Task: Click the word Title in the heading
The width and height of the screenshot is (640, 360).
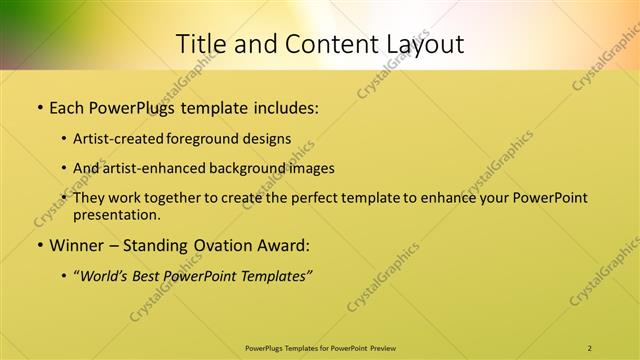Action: click(x=200, y=44)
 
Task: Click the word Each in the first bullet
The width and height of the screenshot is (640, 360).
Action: click(x=67, y=105)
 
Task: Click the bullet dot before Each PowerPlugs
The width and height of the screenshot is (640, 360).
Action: click(x=39, y=106)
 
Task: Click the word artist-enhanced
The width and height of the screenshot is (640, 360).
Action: click(x=160, y=168)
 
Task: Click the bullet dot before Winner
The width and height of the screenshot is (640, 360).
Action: click(x=39, y=245)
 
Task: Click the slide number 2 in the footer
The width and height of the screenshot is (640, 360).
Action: click(x=589, y=348)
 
